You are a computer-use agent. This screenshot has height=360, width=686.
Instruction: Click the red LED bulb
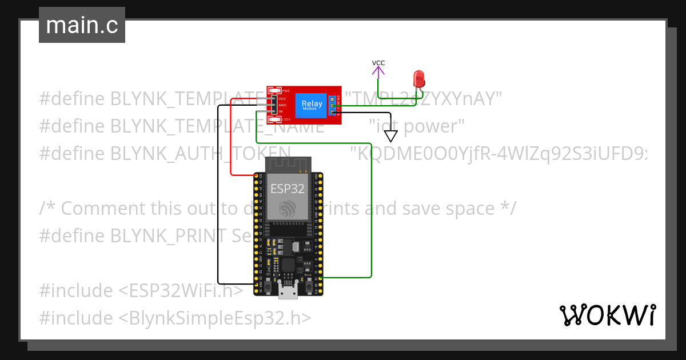click(x=419, y=78)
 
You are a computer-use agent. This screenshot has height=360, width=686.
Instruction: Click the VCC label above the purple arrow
click(x=378, y=63)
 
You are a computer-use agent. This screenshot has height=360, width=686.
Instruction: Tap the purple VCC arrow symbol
click(x=378, y=71)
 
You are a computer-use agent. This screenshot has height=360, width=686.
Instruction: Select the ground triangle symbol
click(x=390, y=136)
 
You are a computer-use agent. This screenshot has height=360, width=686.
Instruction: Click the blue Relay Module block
click(x=312, y=105)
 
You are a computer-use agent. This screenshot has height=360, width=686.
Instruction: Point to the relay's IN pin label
click(x=282, y=111)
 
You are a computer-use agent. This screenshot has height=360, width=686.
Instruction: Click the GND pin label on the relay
click(x=282, y=105)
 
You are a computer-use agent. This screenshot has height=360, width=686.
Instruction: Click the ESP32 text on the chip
click(x=287, y=188)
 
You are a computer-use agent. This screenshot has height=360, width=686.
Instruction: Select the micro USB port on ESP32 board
click(x=288, y=293)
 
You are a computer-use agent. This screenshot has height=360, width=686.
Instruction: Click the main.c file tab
click(x=82, y=26)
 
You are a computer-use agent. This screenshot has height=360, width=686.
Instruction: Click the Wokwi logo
click(x=607, y=315)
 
